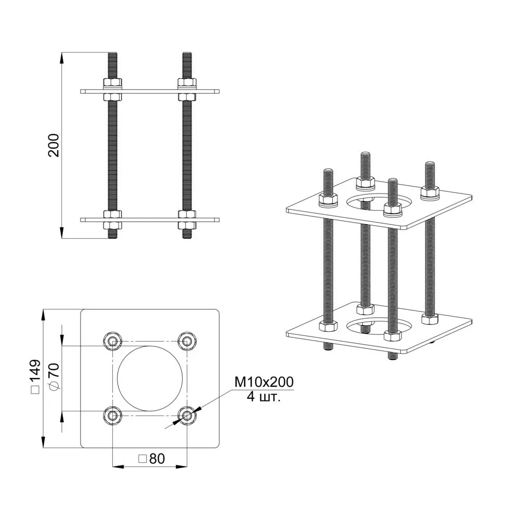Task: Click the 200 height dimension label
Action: pyautogui.click(x=54, y=145)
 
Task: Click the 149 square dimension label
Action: pyautogui.click(x=35, y=376)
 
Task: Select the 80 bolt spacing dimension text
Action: pyautogui.click(x=151, y=459)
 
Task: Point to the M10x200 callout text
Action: pyautogui.click(x=264, y=382)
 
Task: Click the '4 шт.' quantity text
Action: pyautogui.click(x=264, y=397)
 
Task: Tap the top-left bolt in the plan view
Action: pyautogui.click(x=113, y=340)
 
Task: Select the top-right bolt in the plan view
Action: pyautogui.click(x=187, y=340)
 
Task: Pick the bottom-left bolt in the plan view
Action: pyautogui.click(x=113, y=415)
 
